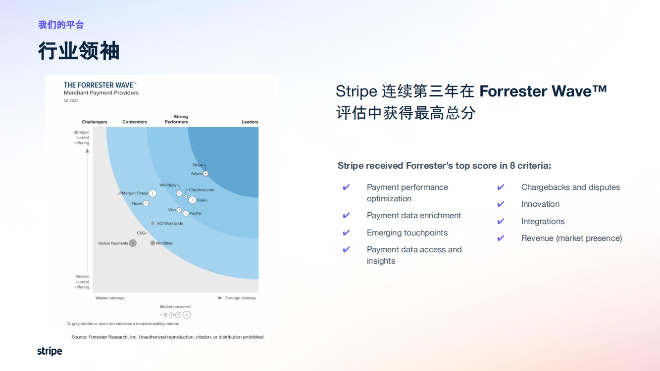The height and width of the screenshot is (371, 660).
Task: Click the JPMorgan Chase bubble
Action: [152, 193]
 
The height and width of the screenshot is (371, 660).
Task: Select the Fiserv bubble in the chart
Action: [193, 200]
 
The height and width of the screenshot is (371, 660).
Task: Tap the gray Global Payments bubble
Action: [133, 243]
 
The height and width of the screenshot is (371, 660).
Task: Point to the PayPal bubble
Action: [186, 213]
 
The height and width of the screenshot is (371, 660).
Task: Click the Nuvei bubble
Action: [146, 203]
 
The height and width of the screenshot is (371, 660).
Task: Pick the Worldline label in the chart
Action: [164, 243]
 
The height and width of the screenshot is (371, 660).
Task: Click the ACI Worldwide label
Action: [170, 224]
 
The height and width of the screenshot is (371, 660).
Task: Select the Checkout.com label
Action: [202, 190]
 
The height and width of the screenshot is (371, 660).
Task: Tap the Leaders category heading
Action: [250, 122]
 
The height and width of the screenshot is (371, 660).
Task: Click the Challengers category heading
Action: [95, 122]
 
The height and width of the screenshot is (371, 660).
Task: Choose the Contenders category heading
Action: [135, 122]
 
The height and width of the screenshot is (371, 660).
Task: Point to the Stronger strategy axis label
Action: [241, 298]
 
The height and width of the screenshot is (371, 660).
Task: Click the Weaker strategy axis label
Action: [110, 298]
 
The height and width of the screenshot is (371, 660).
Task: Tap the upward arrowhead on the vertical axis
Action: [88, 151]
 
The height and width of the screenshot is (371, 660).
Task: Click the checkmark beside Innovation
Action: [501, 204]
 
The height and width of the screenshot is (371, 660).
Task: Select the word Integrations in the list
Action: [543, 222]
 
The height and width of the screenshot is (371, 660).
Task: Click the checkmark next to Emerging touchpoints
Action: [346, 232]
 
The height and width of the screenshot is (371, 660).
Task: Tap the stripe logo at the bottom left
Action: [50, 351]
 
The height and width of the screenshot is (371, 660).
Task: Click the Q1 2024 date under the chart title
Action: [71, 101]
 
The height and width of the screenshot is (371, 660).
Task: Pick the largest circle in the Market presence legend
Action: [187, 315]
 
